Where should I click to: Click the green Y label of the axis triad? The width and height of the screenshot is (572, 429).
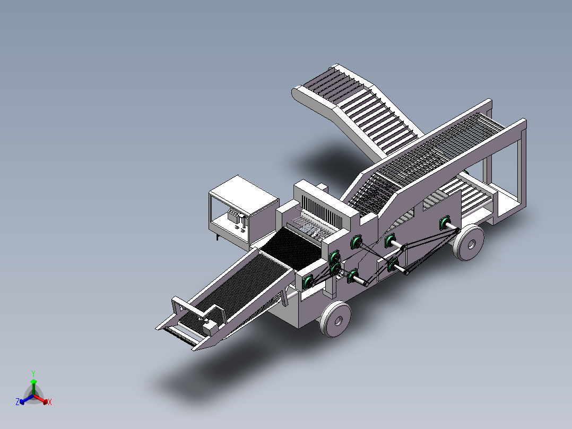[x=33, y=373]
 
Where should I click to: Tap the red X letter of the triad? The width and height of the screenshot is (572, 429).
[x=50, y=402]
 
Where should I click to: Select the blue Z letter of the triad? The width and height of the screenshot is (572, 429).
[x=18, y=402]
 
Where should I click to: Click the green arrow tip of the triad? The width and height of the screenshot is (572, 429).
[x=33, y=382]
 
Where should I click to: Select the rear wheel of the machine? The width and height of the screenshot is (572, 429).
[x=468, y=243]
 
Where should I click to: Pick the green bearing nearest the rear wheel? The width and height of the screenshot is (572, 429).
[x=444, y=223]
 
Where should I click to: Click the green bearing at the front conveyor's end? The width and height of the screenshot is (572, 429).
[x=308, y=282]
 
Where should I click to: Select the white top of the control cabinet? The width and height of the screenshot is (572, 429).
[x=244, y=191]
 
